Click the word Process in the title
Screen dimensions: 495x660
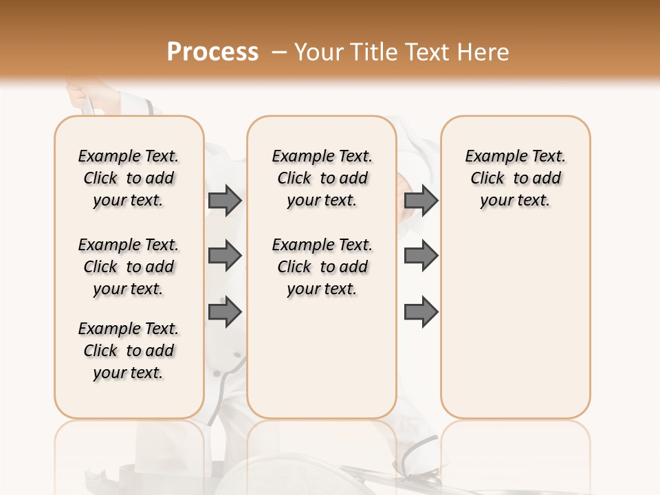212,52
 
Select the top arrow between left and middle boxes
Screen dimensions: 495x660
225,200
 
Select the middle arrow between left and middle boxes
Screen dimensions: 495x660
225,256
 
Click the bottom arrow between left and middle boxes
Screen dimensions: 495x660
225,312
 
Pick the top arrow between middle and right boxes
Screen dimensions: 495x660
421,200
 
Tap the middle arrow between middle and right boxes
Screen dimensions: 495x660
421,256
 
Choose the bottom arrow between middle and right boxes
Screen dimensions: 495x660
421,312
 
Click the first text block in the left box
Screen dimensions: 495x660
128,178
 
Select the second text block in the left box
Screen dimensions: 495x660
128,267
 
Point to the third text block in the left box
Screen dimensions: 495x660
128,351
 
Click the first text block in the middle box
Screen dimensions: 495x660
322,178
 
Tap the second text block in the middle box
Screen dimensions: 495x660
322,267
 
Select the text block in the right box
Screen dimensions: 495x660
515,178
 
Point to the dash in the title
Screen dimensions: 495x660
280,52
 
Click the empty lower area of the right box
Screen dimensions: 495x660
515,323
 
